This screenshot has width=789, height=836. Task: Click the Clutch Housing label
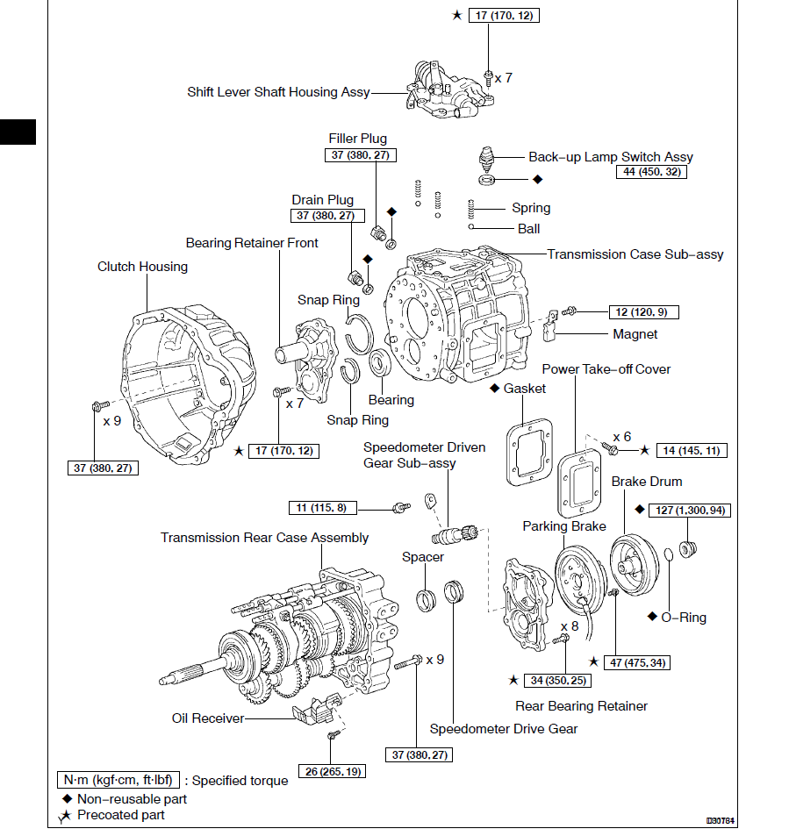click(x=142, y=267)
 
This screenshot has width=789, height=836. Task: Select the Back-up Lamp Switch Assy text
click(x=610, y=157)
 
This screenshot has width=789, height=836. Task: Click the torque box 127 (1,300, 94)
click(x=689, y=511)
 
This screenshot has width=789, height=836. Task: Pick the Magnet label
click(x=635, y=334)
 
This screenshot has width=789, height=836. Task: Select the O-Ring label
click(x=684, y=618)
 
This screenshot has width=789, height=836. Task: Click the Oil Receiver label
click(x=208, y=718)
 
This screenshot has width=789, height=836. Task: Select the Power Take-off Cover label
click(x=606, y=369)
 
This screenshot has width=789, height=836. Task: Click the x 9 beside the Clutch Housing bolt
click(x=111, y=421)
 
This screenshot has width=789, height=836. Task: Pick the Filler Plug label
click(x=357, y=139)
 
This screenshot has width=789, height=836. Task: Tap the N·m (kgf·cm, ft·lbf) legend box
click(x=119, y=780)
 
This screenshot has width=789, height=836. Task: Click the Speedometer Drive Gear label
click(x=504, y=729)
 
